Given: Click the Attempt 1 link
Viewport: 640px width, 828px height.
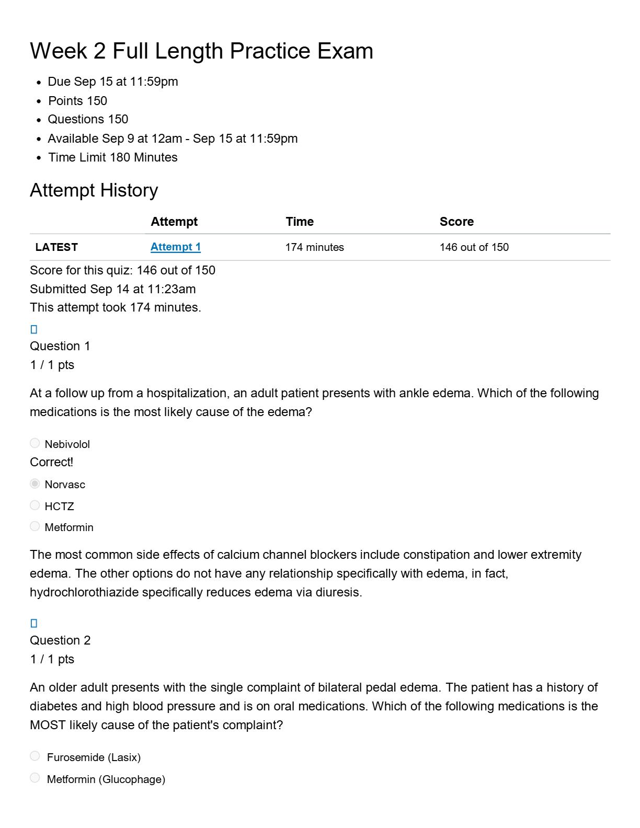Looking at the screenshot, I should click(175, 247).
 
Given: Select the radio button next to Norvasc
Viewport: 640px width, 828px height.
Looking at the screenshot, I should click(35, 484).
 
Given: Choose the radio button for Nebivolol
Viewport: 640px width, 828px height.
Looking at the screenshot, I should click(35, 443).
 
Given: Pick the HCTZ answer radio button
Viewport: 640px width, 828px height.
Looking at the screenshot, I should click(35, 505).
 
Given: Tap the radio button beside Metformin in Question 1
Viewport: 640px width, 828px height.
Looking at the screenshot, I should click(35, 526).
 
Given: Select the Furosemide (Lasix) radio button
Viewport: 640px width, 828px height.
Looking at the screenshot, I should click(35, 756).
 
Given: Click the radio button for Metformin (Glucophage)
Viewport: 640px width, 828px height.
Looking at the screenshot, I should click(35, 778).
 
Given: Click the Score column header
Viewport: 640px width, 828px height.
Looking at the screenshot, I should click(456, 222).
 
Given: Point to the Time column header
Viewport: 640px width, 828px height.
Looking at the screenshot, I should click(300, 222).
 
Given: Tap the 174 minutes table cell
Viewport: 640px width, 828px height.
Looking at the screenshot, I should click(314, 247).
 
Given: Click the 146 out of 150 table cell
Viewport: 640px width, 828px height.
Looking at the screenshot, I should click(474, 247).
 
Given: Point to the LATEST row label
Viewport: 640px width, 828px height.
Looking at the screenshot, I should click(56, 247).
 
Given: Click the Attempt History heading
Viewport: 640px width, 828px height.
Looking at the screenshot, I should click(94, 190).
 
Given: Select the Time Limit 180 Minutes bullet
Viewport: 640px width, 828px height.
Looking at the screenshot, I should click(112, 157).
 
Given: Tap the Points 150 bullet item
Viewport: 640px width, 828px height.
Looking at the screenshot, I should click(77, 101).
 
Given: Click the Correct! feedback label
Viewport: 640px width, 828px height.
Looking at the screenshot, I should click(51, 462).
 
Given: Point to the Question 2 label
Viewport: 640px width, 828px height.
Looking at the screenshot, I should click(60, 640).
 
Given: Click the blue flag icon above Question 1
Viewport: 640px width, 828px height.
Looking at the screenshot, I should click(34, 329).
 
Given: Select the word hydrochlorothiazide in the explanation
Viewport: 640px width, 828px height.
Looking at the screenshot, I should click(84, 592).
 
